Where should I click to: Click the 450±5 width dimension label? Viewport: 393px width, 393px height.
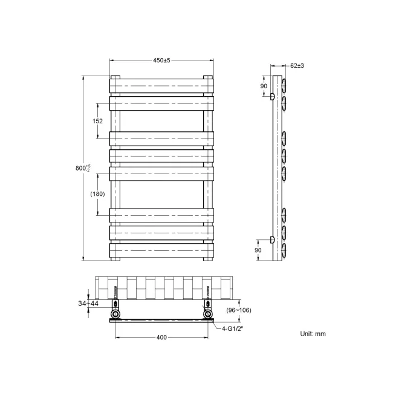tap(161, 60)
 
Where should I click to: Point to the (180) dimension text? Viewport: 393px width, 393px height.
tap(97, 194)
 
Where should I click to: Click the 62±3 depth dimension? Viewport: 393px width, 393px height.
tap(296, 65)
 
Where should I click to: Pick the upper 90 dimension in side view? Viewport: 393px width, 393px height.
tap(264, 86)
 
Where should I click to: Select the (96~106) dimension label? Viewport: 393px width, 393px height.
tap(239, 310)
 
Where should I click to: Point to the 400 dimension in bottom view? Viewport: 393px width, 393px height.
tap(161, 337)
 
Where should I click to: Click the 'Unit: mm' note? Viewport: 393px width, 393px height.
tap(313, 334)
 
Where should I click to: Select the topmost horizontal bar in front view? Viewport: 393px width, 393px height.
tap(161, 86)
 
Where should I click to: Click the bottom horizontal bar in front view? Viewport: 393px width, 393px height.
tap(161, 250)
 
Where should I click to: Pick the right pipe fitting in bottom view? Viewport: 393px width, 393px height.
tap(209, 313)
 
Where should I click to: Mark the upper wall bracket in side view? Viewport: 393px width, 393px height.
tap(273, 96)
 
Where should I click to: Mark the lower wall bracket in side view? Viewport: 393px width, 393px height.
tap(273, 240)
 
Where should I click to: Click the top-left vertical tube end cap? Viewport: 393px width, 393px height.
tap(115, 77)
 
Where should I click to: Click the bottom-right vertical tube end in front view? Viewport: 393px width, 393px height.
tap(208, 259)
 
